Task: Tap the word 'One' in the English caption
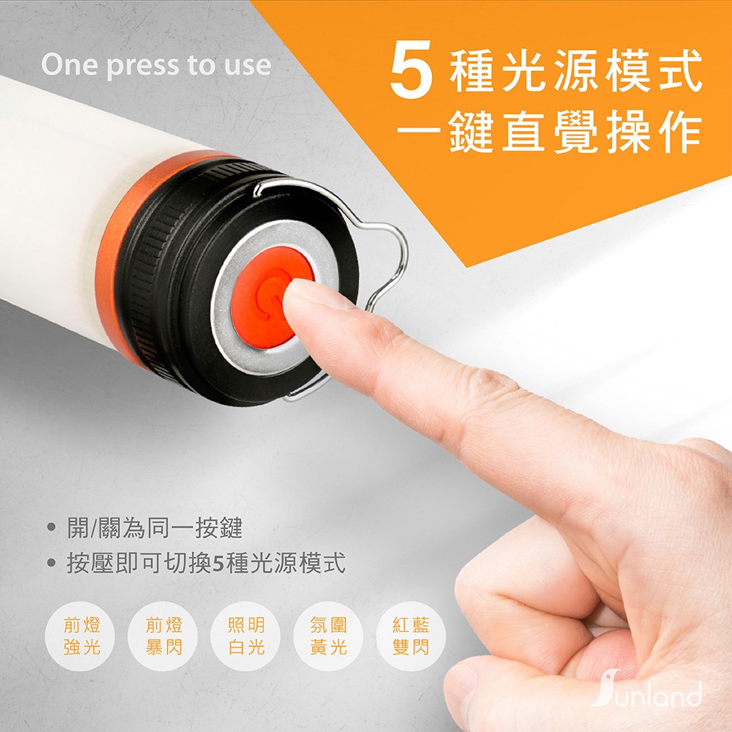(x=70, y=64)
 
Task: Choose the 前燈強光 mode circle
(x=82, y=636)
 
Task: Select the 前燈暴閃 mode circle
(x=163, y=636)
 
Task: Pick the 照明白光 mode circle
(x=246, y=636)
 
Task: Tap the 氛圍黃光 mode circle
(x=328, y=636)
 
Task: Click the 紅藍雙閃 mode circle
(x=411, y=636)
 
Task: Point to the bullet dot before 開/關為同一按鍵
(x=52, y=528)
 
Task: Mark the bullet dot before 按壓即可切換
(x=52, y=563)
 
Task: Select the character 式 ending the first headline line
(x=680, y=70)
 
